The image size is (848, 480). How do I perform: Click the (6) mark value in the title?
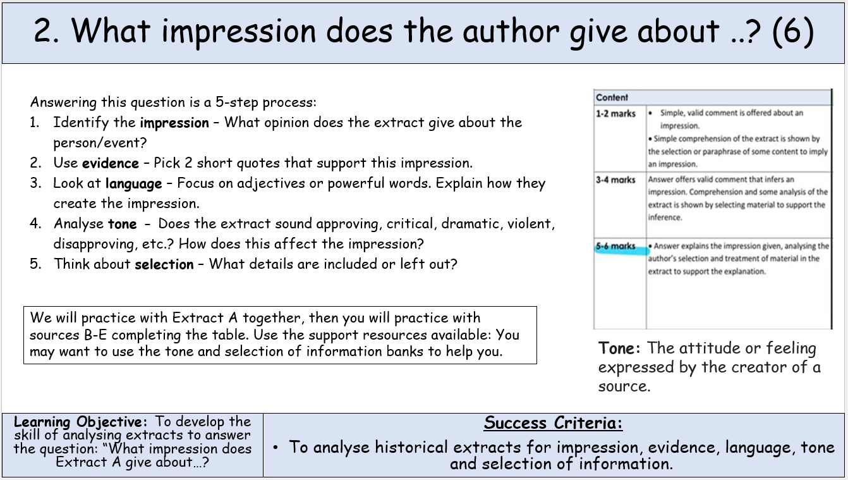[x=793, y=31]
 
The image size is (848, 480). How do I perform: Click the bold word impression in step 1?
[x=174, y=123]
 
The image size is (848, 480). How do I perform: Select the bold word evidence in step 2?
[x=110, y=163]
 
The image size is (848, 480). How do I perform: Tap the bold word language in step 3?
[x=133, y=184]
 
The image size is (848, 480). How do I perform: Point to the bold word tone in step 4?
[x=122, y=224]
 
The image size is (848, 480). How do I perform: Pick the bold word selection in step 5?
[x=164, y=264]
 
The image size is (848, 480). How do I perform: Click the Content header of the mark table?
[x=612, y=97]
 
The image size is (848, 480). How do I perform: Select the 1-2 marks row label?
[x=615, y=113]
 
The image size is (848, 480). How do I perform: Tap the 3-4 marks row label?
[x=615, y=180]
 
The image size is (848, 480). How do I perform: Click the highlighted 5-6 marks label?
[x=615, y=246]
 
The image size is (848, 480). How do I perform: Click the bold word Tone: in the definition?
[x=619, y=348]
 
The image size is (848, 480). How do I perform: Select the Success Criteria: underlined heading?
[x=553, y=423]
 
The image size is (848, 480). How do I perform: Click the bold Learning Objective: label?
[x=80, y=422]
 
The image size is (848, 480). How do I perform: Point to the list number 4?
[x=35, y=223]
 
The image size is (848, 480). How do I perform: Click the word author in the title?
[x=511, y=31]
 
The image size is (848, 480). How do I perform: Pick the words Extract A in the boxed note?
[x=205, y=317]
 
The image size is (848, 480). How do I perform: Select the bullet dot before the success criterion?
[x=276, y=448]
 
